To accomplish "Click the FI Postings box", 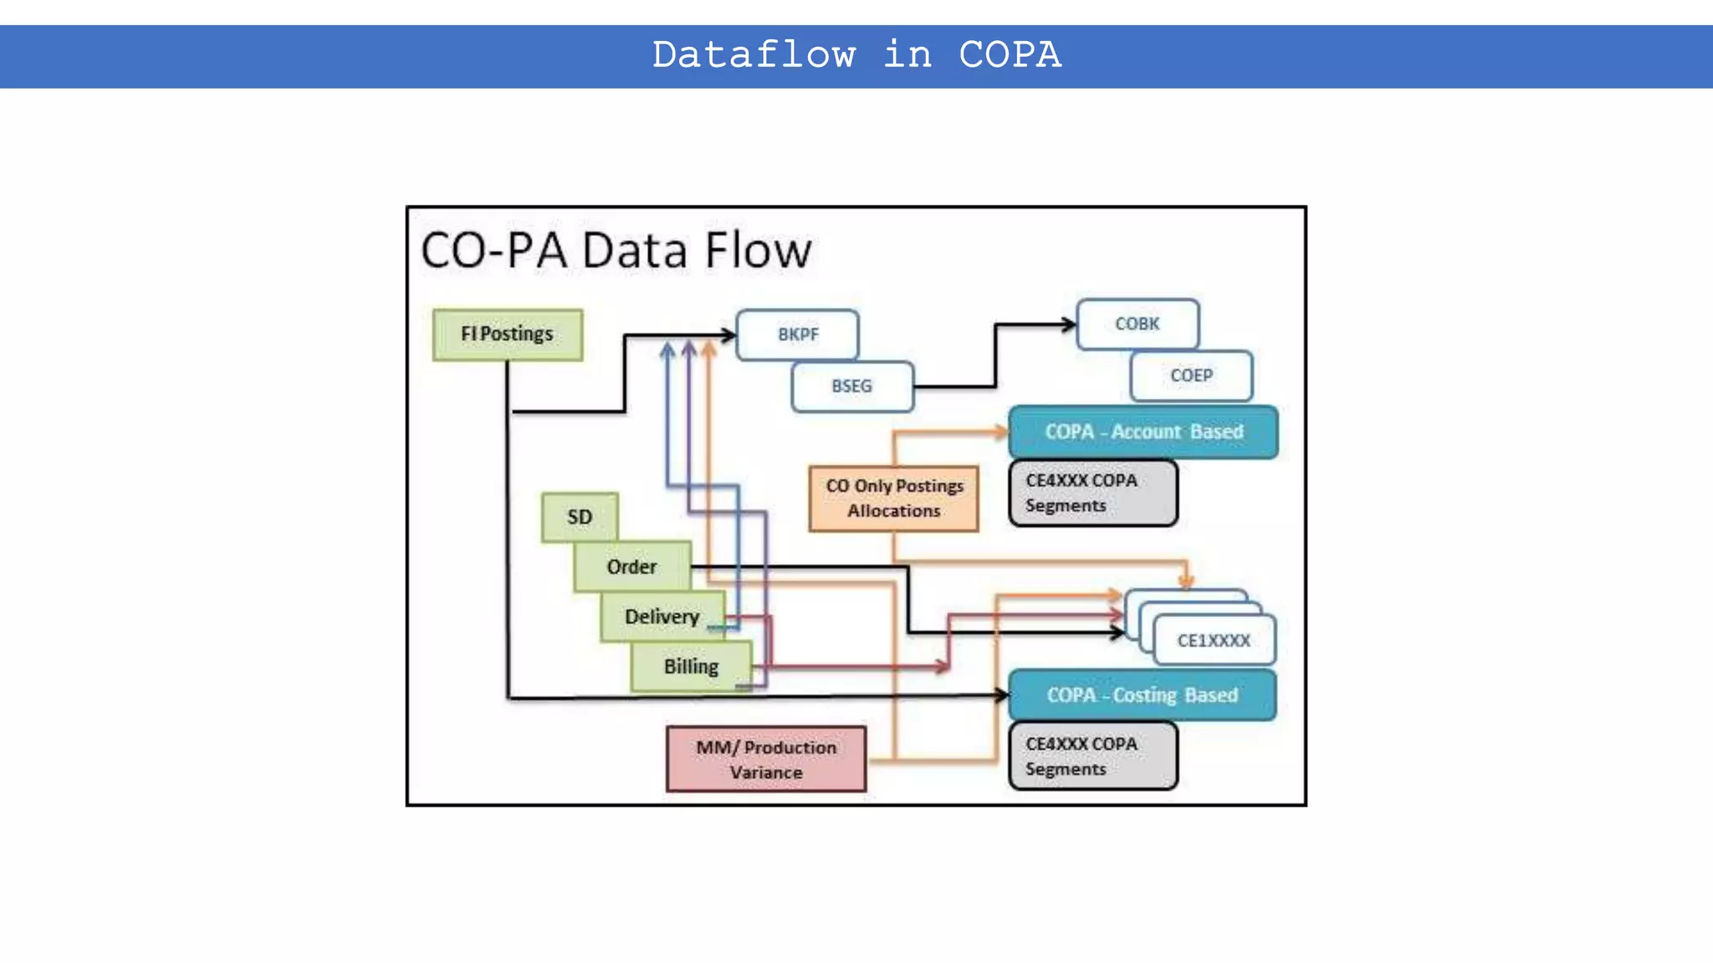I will [508, 334].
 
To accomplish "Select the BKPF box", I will [797, 334].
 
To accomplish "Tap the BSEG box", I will [851, 386].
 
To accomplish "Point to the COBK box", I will [1138, 324].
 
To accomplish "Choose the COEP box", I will [1191, 375].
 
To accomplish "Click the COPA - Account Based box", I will [1143, 431].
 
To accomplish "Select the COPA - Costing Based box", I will [1142, 695].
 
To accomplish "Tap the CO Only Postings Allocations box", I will [893, 498].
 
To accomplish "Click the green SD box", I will [580, 517].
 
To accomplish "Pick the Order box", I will [632, 567].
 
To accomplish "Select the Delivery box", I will [662, 616].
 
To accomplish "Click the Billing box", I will [691, 666].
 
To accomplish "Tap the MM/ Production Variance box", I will [766, 759].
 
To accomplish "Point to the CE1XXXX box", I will [1214, 640].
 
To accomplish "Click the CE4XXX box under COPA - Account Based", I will [1092, 493].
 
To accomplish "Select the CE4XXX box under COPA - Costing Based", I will [1092, 757].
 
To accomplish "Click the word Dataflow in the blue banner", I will [754, 55].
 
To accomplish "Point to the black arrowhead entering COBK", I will [1069, 324].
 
